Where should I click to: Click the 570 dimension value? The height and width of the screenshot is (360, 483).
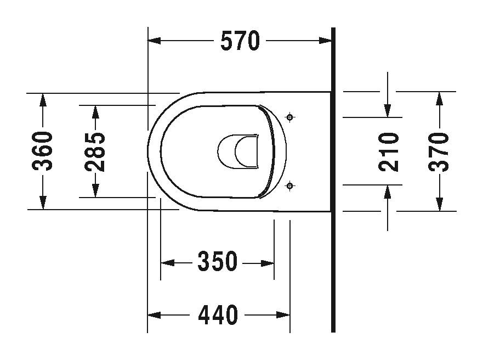[x=240, y=41]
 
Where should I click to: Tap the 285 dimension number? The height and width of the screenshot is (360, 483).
[x=96, y=151]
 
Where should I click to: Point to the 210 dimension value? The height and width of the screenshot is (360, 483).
[x=389, y=151]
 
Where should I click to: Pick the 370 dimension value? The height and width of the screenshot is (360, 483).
[x=439, y=151]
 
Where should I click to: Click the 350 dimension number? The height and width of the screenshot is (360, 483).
[x=218, y=262]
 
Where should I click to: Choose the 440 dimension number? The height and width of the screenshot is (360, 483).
[x=218, y=315]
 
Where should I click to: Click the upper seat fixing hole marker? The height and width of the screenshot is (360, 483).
[x=291, y=117]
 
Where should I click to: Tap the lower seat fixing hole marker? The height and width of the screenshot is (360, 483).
[x=291, y=186]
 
